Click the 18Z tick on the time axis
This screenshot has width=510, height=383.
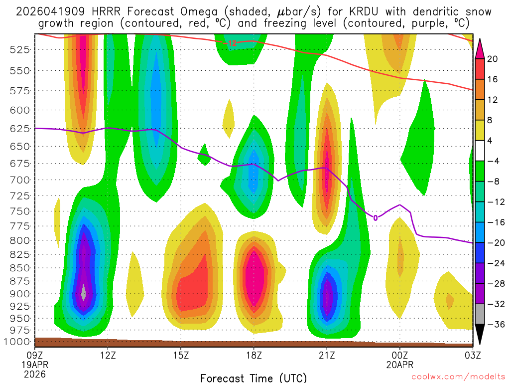point(254,355)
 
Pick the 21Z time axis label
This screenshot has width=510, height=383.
point(327,355)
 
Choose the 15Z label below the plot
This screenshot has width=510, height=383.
point(181,355)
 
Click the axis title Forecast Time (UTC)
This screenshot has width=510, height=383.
point(254,378)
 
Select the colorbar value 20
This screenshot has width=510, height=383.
point(493,59)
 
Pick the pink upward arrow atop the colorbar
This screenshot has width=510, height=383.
point(480,48)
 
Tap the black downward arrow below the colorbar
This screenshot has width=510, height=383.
point(480,334)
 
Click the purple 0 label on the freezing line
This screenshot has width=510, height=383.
point(376,217)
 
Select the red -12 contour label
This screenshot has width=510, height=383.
point(230,43)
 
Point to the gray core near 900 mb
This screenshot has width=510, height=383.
point(84,292)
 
